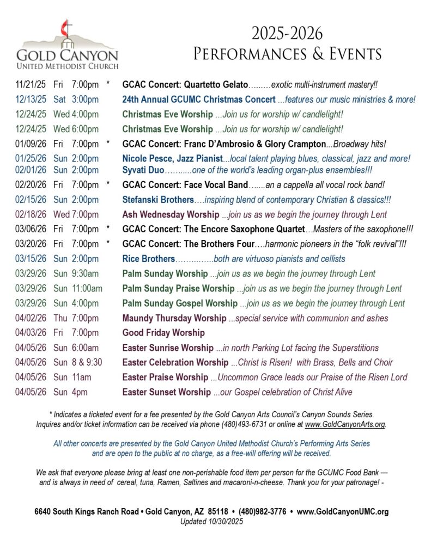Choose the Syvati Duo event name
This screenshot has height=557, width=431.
143,170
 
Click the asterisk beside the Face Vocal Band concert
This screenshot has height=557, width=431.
108,185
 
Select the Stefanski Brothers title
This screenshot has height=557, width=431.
157,200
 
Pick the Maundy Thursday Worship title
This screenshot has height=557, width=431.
174,318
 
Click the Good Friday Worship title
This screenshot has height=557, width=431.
163,332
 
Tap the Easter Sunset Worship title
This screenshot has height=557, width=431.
166,392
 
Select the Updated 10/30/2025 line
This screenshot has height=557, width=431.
211,521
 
